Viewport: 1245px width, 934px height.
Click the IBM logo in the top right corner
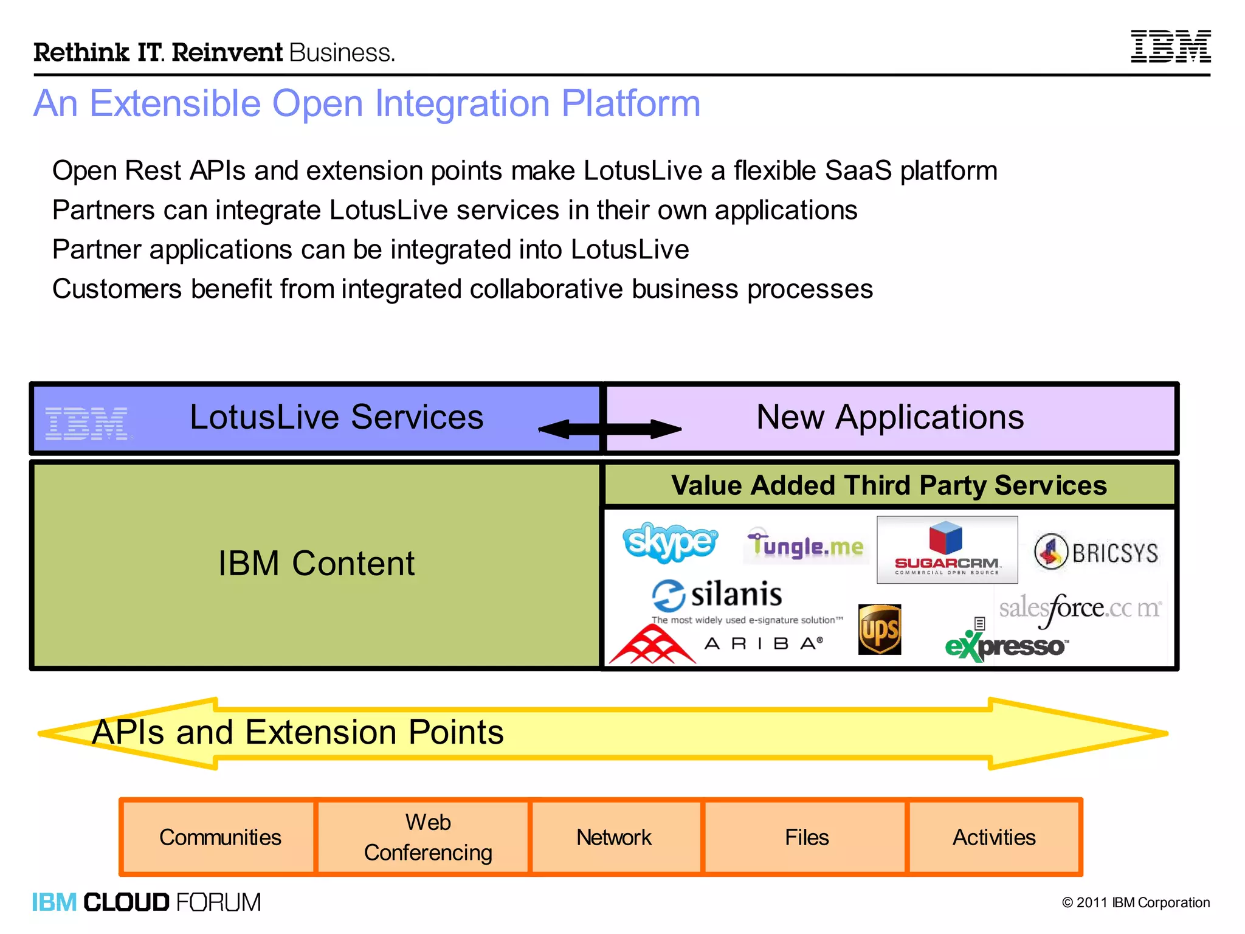[x=1170, y=46]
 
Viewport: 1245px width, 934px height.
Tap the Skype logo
[x=670, y=541]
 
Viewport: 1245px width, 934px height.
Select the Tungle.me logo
[x=806, y=545]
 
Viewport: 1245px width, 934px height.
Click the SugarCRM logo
[x=947, y=549]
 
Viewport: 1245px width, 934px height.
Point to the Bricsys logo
[x=1097, y=552]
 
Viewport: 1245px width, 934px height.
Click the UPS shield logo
[x=879, y=629]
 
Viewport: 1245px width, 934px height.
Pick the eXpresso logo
[x=1005, y=645]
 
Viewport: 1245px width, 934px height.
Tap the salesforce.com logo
[x=1080, y=609]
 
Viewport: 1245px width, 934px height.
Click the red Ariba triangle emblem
[x=652, y=645]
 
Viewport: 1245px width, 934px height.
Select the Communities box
[x=219, y=837]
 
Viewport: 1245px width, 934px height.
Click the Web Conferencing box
[x=427, y=837]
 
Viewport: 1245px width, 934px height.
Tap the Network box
[x=613, y=837]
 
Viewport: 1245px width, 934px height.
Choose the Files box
[x=806, y=837]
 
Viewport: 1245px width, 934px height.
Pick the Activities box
[x=993, y=837]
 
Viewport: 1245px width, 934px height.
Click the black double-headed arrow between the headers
[x=610, y=429]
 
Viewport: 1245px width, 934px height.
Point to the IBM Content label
[x=316, y=563]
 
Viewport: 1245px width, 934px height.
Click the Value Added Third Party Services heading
[x=889, y=485]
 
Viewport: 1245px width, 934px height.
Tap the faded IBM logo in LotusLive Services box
[x=86, y=423]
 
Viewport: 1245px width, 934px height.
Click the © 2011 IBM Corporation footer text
[x=1136, y=902]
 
